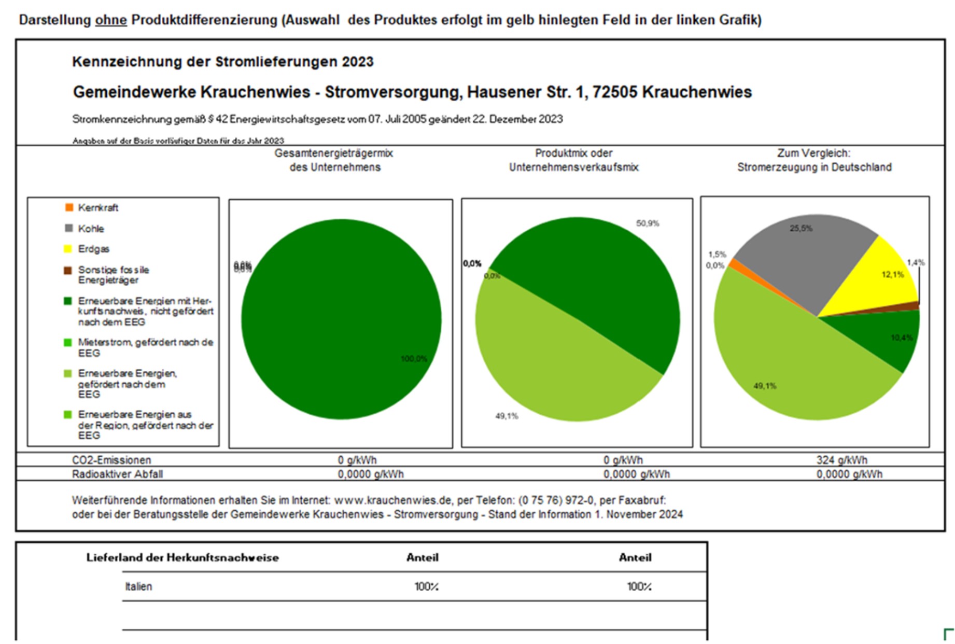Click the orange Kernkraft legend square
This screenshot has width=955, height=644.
[69, 207]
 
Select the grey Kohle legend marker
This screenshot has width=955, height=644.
[69, 228]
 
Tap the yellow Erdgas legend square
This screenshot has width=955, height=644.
[68, 249]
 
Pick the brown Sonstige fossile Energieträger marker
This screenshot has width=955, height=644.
[68, 270]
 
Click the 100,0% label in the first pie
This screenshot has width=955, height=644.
[414, 359]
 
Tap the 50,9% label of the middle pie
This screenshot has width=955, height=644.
[648, 223]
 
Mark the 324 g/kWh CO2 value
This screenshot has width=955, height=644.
[841, 460]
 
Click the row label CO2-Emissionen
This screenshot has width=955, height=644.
[111, 460]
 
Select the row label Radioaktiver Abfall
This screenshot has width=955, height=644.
[117, 474]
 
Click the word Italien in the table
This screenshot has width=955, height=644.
[138, 586]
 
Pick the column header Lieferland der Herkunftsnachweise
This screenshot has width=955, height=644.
[182, 557]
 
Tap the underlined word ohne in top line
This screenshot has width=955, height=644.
[111, 20]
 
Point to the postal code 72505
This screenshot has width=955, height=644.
[614, 92]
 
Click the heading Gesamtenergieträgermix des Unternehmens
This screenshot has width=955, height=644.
[334, 160]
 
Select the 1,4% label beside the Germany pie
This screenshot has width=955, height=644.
[916, 262]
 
